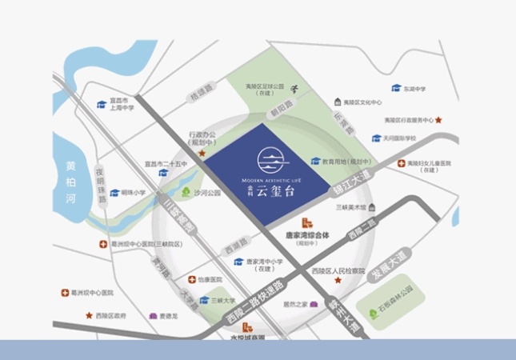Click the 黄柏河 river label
point(70,183)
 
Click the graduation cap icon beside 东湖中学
point(395,88)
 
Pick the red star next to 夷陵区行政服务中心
point(438,120)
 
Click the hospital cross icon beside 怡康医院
point(191,280)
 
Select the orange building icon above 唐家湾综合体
point(306,224)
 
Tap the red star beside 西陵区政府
point(89,316)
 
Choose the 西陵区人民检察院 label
point(343,270)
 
